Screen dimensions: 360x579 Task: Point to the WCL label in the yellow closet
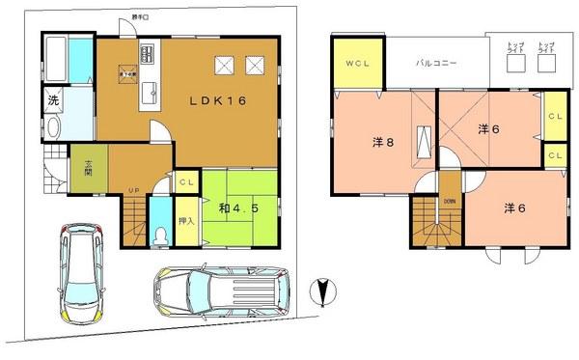[x=356, y=64]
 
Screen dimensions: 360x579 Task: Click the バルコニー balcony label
[x=436, y=63]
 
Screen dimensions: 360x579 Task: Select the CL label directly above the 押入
[x=185, y=180]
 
